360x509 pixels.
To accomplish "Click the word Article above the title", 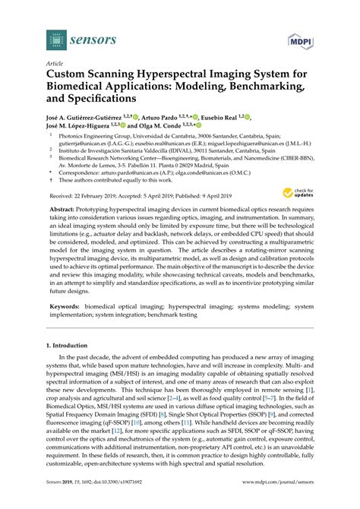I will pos(55,65).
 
